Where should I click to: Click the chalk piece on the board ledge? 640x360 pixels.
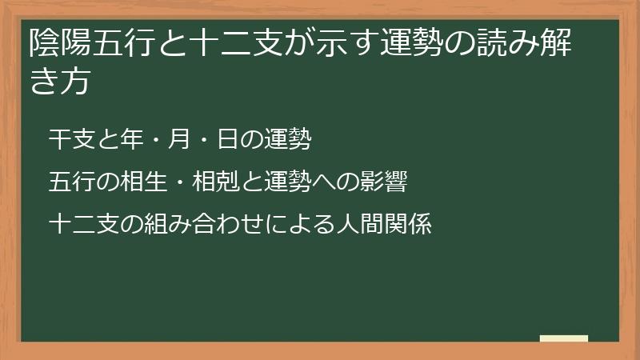(564, 338)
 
